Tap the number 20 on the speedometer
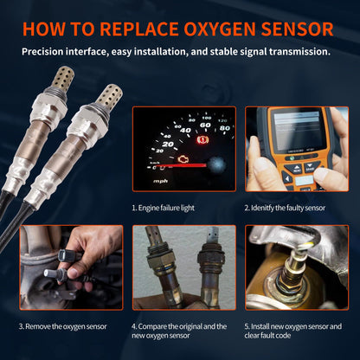167,144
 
